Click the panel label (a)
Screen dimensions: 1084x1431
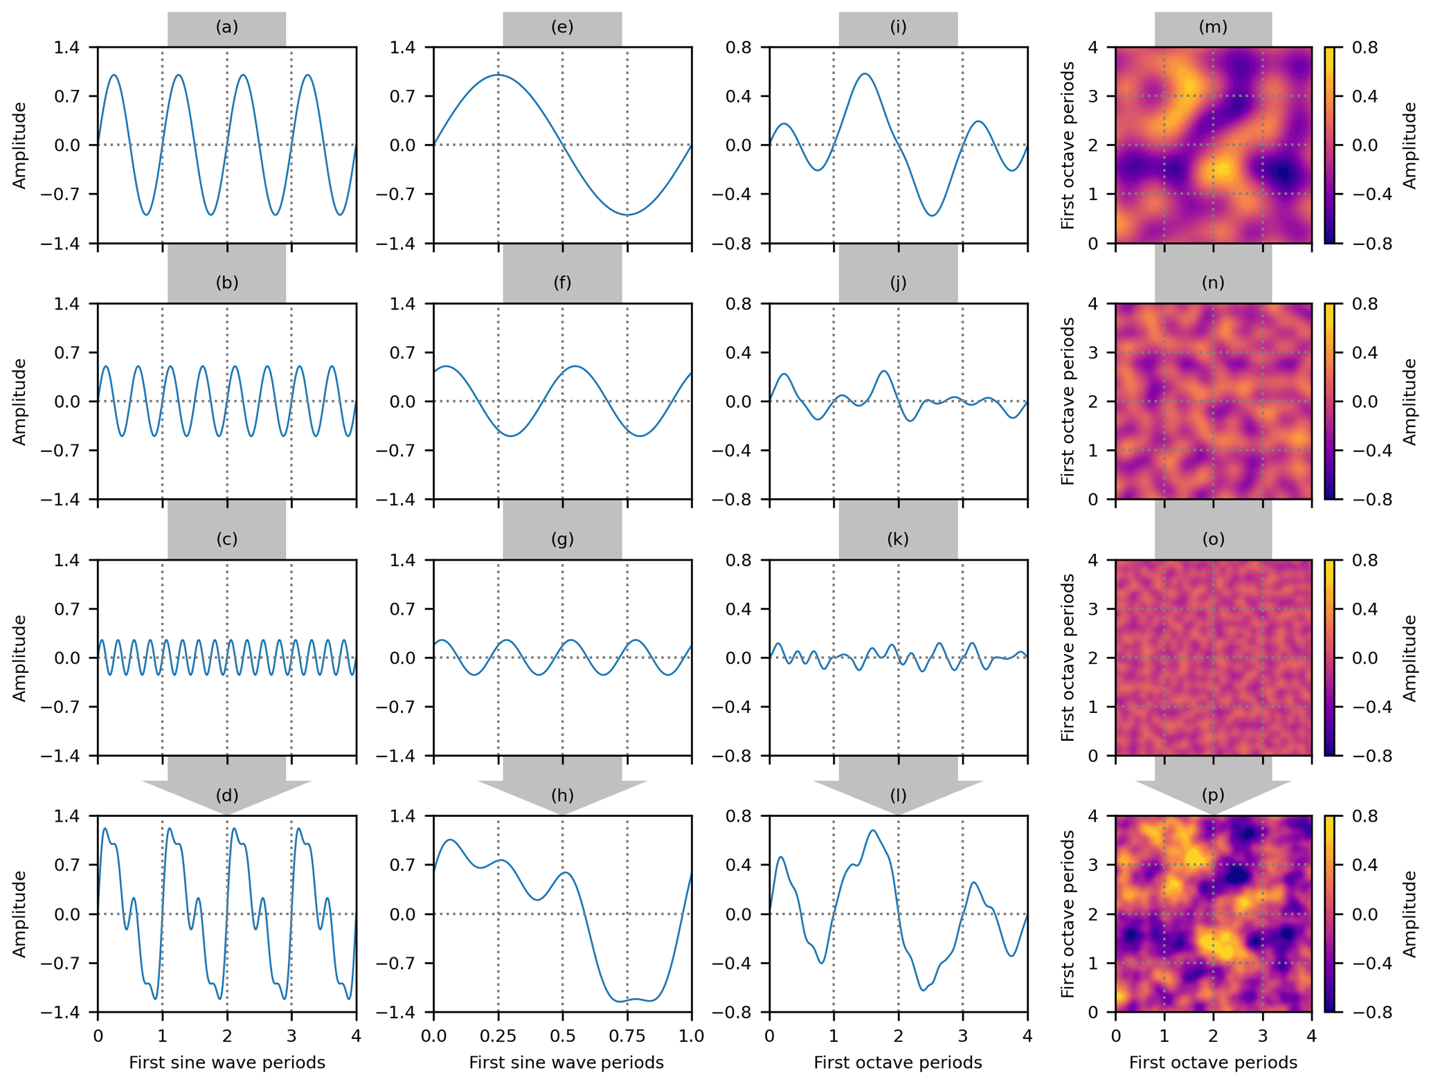pos(226,28)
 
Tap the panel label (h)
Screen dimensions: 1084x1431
pos(562,795)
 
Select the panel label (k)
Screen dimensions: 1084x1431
pos(898,539)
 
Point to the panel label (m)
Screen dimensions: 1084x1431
pos(1213,28)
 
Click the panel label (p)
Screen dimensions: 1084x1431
pos(1213,795)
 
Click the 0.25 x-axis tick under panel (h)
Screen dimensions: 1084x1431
pos(498,1036)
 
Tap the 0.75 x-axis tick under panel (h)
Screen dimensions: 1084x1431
pos(627,1036)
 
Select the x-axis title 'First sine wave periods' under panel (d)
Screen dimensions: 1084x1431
pos(227,1063)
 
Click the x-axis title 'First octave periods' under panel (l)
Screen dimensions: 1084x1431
pos(898,1063)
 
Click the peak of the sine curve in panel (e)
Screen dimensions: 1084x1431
pos(498,75)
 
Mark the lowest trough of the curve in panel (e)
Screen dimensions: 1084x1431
pos(627,215)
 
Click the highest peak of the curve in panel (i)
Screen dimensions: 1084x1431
pos(865,73)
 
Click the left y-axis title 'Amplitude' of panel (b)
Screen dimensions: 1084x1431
pos(20,401)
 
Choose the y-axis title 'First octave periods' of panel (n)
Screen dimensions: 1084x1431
pos(1068,401)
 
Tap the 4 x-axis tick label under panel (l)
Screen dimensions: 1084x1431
pos(1027,1036)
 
